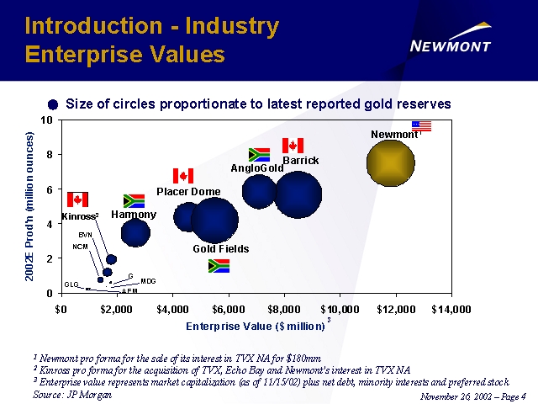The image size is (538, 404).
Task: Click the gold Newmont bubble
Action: coord(391,163)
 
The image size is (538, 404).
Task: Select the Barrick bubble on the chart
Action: coord(298,194)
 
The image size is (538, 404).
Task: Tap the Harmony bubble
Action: coord(134,231)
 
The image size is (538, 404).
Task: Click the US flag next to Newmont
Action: coord(421,126)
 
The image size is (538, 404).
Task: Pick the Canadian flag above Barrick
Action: coord(293,146)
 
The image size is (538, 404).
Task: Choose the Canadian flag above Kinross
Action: coord(77,199)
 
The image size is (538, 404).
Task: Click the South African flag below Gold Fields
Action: coord(219,266)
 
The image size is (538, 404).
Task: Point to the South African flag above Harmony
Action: coord(134,201)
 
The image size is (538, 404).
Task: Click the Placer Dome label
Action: coord(188,192)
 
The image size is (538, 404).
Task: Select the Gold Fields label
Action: coord(221,249)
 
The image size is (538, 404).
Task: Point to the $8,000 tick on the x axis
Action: coord(283,308)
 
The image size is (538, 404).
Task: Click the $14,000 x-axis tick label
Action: coord(449,308)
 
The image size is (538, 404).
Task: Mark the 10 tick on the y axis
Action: coord(46,120)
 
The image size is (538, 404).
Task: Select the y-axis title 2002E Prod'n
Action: coord(30,206)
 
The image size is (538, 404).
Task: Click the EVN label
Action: coord(85,234)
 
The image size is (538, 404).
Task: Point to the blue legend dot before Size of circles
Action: coord(54,104)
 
